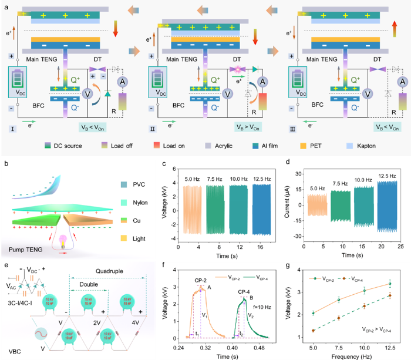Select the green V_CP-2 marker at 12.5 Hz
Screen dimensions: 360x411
(390, 284)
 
